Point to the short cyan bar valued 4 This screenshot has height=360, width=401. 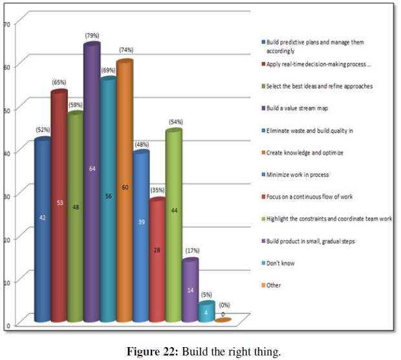pos(206,313)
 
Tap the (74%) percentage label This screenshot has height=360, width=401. pos(124,51)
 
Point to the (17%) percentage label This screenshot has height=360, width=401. pos(190,251)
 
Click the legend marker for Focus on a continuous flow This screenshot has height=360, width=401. pos(263,197)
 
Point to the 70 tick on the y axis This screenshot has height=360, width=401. pos(8,25)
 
